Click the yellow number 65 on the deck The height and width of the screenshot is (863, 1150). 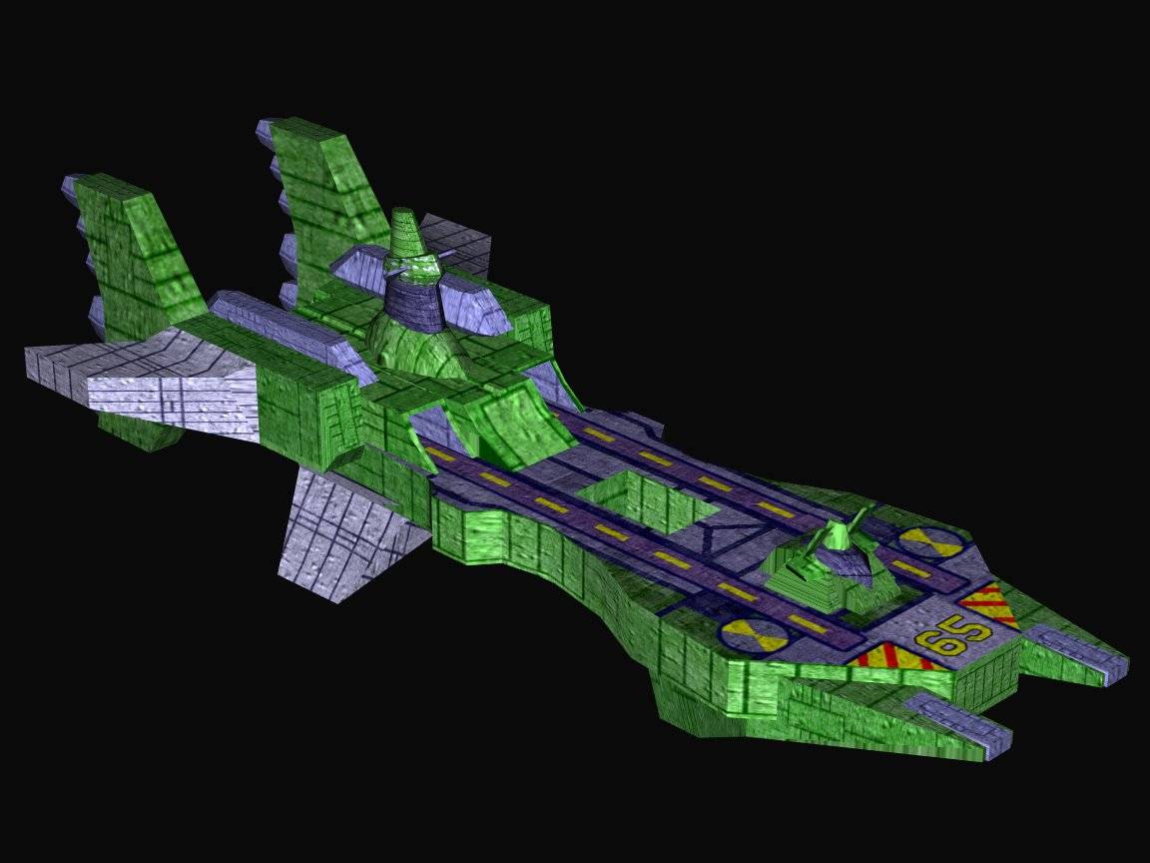point(953,635)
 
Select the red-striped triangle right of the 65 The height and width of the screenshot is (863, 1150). point(988,604)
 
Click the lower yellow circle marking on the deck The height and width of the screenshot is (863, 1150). point(755,635)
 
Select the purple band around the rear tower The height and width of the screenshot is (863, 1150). point(413,301)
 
